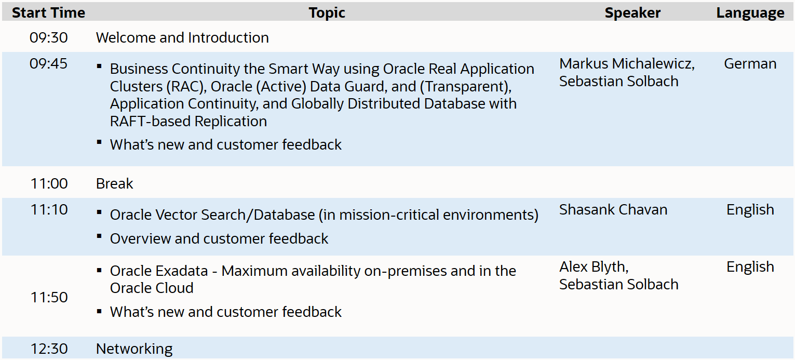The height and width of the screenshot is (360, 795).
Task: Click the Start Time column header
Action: (x=48, y=13)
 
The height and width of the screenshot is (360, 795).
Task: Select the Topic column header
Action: (x=327, y=13)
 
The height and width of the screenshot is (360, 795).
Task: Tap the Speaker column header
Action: (x=632, y=13)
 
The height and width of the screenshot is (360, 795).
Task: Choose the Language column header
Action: (x=750, y=13)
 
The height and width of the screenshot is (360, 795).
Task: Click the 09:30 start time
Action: (x=49, y=38)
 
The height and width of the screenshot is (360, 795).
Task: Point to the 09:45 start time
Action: (x=49, y=64)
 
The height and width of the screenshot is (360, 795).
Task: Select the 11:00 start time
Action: (x=49, y=184)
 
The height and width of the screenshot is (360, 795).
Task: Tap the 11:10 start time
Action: (x=49, y=210)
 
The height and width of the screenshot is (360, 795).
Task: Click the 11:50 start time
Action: (x=49, y=298)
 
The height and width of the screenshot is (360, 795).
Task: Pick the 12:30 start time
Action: (x=49, y=349)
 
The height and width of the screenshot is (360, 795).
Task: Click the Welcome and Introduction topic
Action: (x=182, y=38)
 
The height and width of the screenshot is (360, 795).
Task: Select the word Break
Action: (x=115, y=184)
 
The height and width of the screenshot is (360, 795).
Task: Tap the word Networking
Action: (x=134, y=349)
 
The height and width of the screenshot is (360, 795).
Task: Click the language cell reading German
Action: (x=750, y=64)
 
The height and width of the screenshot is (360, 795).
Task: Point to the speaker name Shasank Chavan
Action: (x=613, y=210)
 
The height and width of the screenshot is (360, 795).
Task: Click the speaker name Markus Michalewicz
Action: (x=627, y=64)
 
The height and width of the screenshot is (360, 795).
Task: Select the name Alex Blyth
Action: (x=594, y=267)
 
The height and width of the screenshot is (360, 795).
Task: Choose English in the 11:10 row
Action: (x=750, y=210)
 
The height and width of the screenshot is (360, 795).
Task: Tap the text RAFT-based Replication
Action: (x=188, y=122)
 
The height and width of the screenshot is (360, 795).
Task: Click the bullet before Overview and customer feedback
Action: (x=99, y=236)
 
